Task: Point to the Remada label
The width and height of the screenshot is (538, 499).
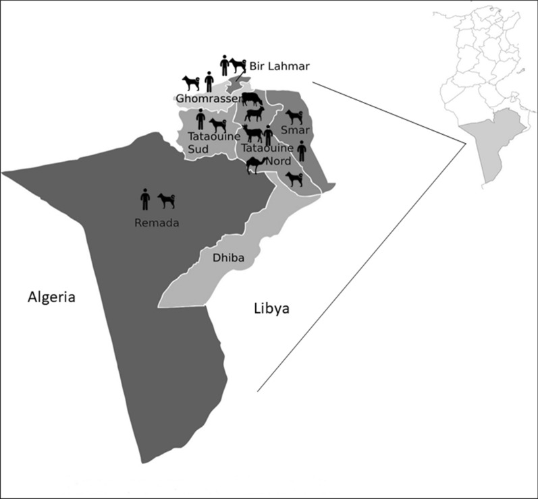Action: (x=157, y=223)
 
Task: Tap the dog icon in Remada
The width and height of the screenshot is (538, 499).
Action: (x=167, y=200)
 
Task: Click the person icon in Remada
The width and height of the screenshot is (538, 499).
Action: (x=144, y=199)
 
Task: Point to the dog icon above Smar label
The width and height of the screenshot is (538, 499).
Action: (x=294, y=117)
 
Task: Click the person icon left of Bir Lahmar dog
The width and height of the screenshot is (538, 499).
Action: (x=224, y=65)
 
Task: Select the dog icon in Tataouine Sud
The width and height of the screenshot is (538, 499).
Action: (x=219, y=125)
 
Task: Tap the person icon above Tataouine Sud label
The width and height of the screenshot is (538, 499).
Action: (x=200, y=119)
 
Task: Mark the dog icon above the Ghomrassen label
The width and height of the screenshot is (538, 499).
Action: (x=191, y=83)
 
